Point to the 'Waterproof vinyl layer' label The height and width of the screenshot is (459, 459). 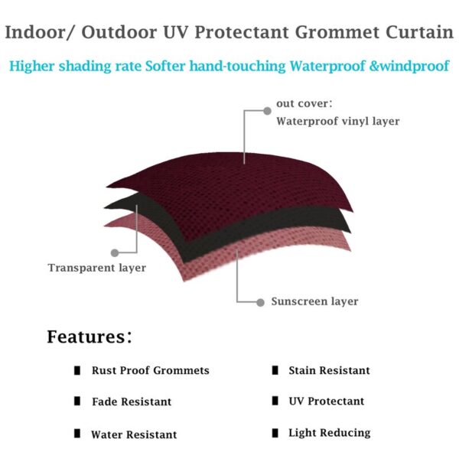pyautogui.click(x=337, y=121)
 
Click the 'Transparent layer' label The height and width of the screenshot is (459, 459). pyautogui.click(x=96, y=268)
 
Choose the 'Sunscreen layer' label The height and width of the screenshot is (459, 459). pyautogui.click(x=314, y=301)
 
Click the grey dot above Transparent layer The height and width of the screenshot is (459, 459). pyautogui.click(x=115, y=252)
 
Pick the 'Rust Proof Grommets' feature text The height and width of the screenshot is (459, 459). pyautogui.click(x=150, y=370)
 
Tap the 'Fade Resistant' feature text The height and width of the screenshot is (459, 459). pyautogui.click(x=132, y=402)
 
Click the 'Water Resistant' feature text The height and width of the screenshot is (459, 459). pyautogui.click(x=134, y=435)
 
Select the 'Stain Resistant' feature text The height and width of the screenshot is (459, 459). pyautogui.click(x=329, y=370)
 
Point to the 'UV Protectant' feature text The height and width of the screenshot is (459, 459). pyautogui.click(x=327, y=401)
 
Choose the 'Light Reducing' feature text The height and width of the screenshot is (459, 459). pyautogui.click(x=329, y=433)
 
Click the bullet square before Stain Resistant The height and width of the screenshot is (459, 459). pyautogui.click(x=274, y=370)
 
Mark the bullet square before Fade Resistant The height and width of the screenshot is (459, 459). pyautogui.click(x=77, y=401)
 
